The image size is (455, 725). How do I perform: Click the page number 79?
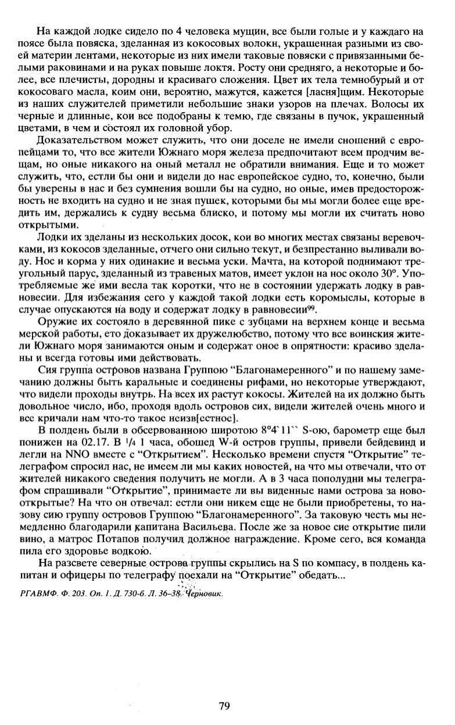(225, 706)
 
